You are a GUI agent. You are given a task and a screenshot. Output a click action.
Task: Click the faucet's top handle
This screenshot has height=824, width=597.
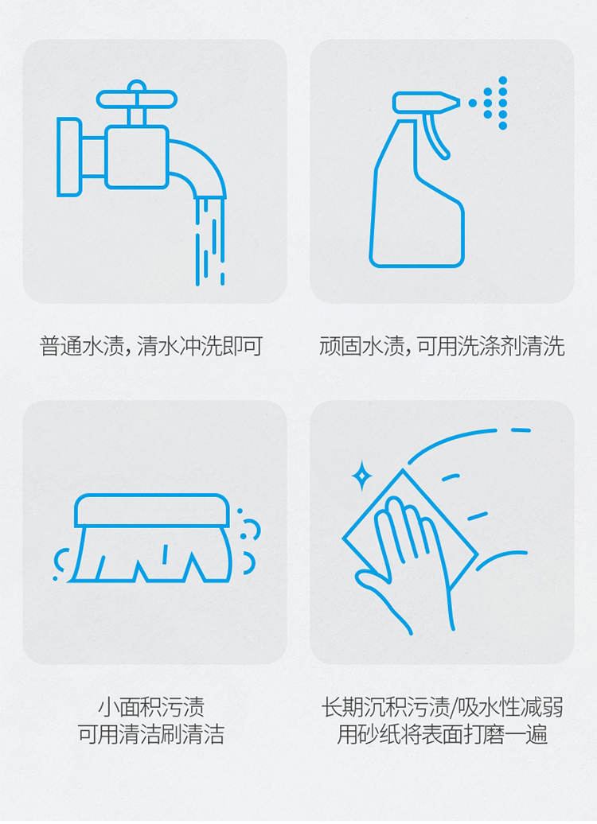137,99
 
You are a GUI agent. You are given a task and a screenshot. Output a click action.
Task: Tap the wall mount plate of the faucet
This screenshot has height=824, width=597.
69,157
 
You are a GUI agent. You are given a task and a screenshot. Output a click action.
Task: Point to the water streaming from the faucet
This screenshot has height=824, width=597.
210,241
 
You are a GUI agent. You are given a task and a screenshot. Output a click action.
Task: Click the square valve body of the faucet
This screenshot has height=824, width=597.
137,157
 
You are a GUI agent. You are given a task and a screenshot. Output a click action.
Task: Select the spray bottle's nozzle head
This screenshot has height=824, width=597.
425,103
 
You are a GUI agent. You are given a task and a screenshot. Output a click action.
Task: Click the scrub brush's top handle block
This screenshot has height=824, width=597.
152,511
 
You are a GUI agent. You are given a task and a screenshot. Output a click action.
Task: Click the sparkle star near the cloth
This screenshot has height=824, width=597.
362,476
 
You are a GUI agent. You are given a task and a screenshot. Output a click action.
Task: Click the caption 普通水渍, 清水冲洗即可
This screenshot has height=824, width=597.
151,346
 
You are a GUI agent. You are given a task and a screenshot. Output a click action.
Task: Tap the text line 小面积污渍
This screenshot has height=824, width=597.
151,707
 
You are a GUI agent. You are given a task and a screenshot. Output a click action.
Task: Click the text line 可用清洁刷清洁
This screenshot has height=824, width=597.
151,734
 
